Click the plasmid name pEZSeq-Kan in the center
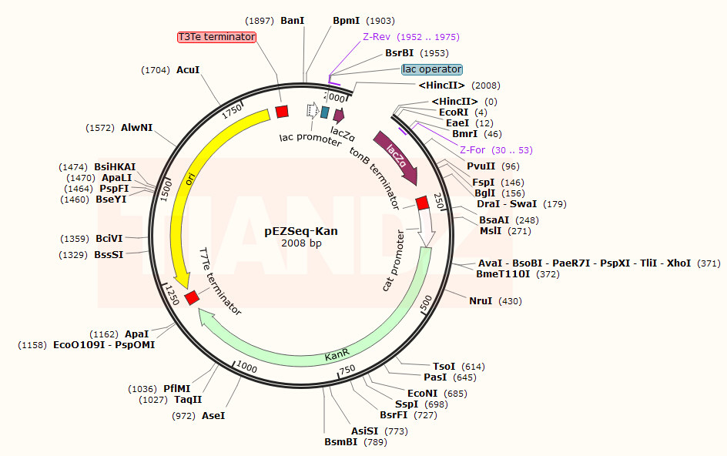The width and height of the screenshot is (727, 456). point(301,231)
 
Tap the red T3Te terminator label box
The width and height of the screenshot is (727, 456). point(216,37)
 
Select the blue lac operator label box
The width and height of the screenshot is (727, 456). point(432,69)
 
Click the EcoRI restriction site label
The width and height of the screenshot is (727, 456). point(454,112)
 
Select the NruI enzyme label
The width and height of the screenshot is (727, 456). point(481,301)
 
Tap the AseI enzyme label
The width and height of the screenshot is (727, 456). point(213,416)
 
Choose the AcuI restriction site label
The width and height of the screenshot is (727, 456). point(188,70)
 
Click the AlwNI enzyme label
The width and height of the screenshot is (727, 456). point(137,128)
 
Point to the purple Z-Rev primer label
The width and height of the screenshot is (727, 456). point(377,37)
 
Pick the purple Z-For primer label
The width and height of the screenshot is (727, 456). point(472,150)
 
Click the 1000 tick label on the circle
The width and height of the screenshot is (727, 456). point(246,367)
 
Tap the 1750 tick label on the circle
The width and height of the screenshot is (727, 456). point(232,112)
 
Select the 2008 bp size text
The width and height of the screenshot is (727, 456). point(301,243)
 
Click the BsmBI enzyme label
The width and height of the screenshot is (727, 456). point(340,442)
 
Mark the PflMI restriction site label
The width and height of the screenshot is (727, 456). point(176,389)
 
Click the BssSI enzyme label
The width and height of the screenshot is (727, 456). point(109,255)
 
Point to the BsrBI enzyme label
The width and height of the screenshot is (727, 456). point(399,53)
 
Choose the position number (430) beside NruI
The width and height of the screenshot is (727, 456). point(510,301)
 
